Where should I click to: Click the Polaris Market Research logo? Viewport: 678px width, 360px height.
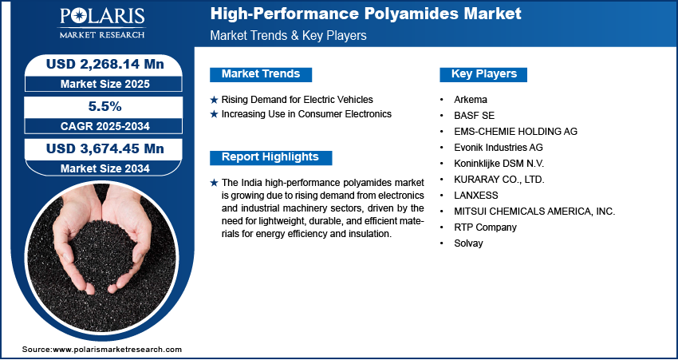pos(102,24)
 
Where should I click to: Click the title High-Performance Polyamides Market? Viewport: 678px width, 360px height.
pos(366,14)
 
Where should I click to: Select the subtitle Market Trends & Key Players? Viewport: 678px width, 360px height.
pos(289,35)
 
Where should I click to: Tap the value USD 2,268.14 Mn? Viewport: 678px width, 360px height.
pos(105,64)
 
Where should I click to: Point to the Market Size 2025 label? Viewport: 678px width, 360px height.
pos(105,84)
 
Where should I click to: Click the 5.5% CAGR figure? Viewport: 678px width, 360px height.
pos(105,106)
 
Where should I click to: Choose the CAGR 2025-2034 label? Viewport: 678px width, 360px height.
pos(105,126)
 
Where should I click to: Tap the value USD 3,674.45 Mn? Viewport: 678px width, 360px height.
pos(105,148)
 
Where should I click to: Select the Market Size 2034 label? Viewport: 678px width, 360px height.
pos(105,168)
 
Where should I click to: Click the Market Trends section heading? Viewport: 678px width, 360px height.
pos(261,74)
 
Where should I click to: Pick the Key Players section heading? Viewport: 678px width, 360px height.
pos(484,74)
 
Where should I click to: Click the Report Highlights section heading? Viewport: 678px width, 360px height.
pos(270,157)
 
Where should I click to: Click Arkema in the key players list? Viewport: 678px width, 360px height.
pos(471,100)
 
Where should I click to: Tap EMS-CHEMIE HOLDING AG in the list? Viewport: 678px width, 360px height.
pos(515,131)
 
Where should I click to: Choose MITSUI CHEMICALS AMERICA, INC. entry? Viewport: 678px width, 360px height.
pos(534,212)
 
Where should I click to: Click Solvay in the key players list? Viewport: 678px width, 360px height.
pos(468,243)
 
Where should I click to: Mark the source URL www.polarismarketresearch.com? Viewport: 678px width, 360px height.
pos(117,349)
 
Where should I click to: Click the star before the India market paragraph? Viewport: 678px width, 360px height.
pos(214,183)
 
